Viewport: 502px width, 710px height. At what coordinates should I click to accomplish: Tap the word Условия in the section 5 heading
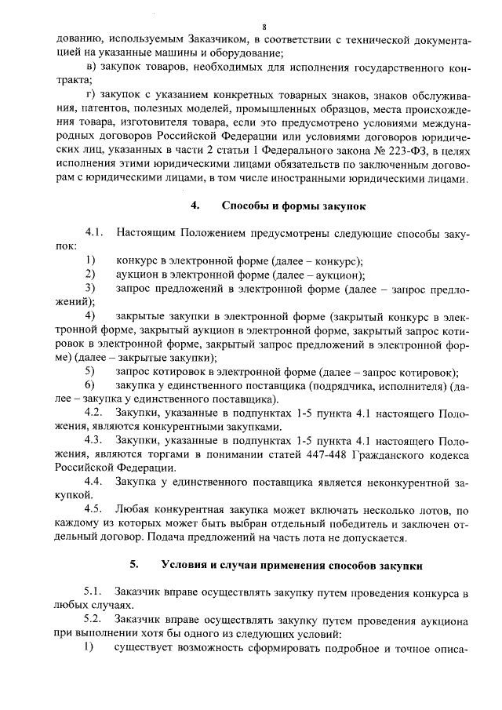point(187,564)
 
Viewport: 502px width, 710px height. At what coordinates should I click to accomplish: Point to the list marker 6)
point(90,385)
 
